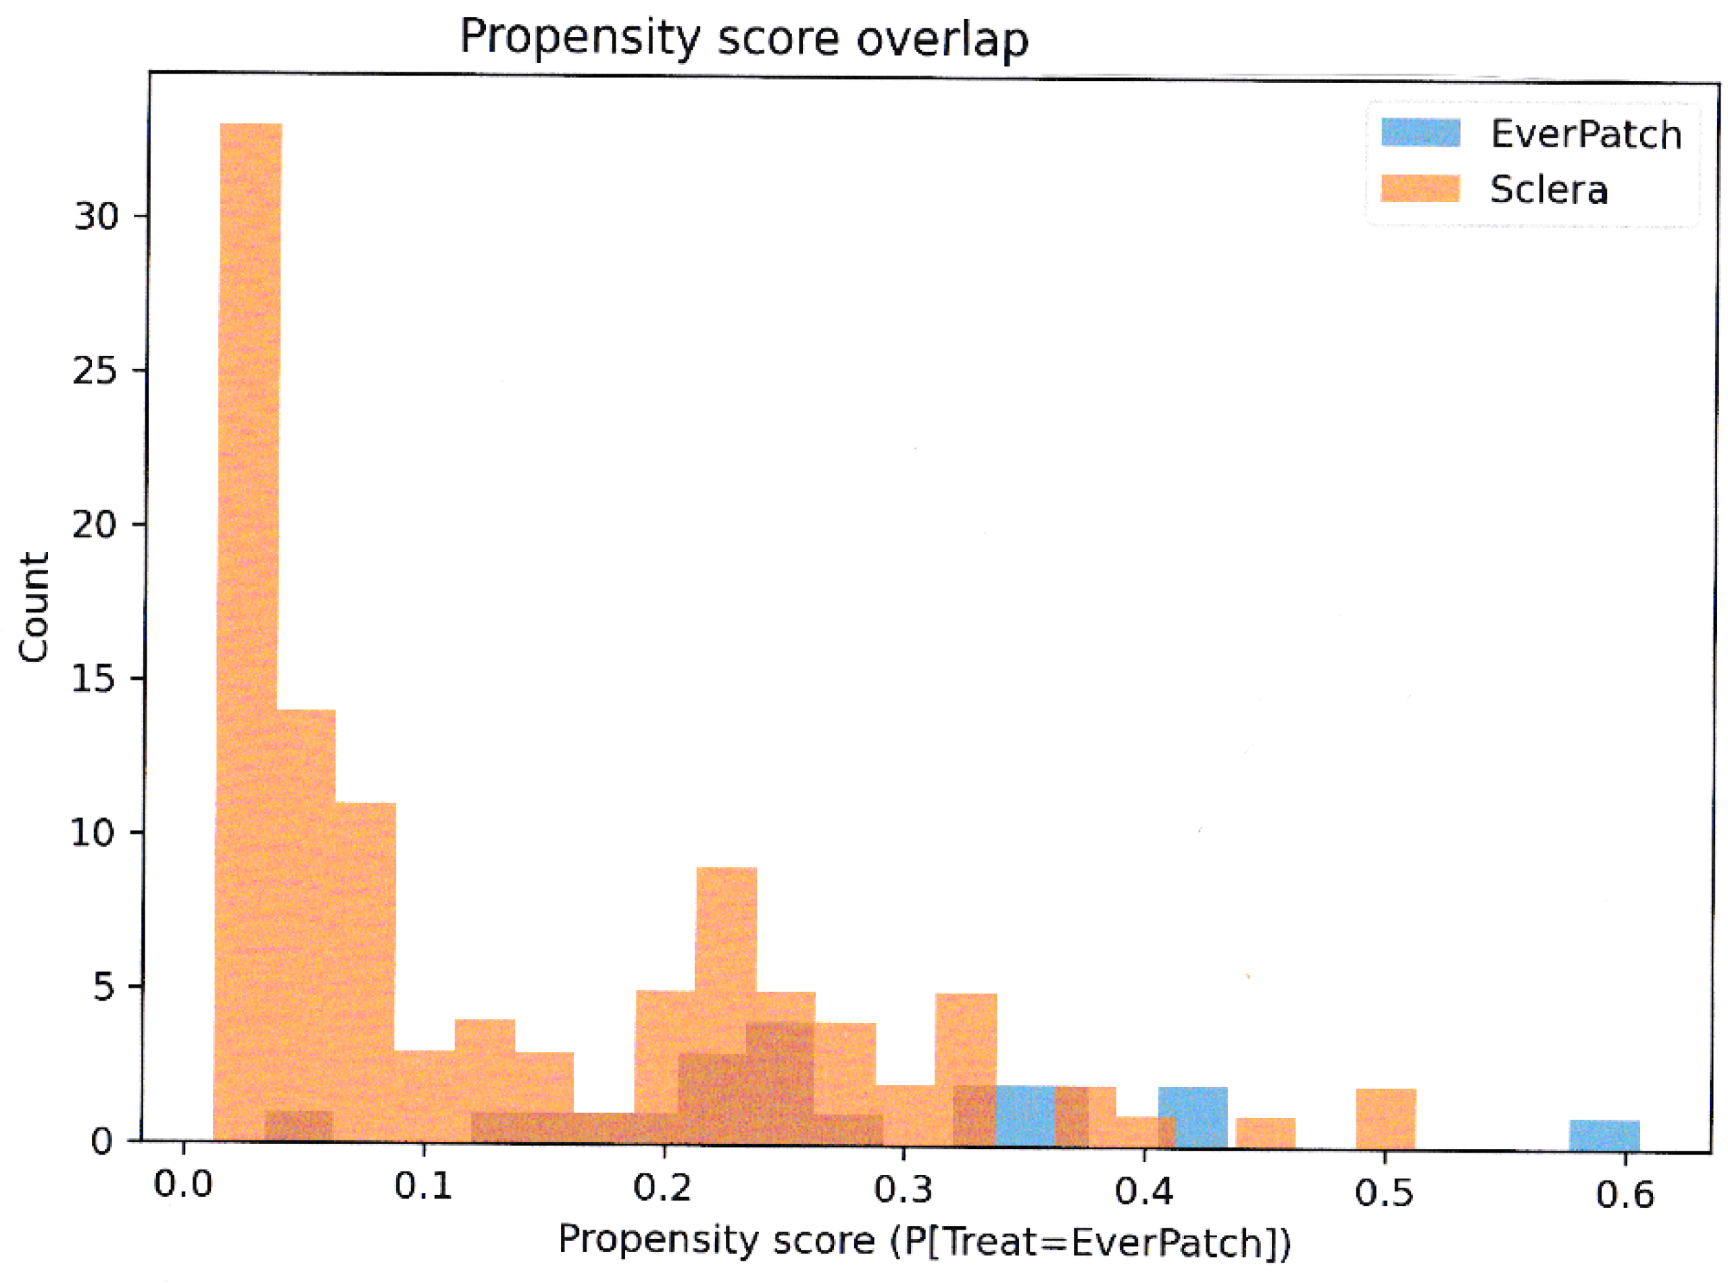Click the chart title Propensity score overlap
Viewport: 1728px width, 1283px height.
pos(744,37)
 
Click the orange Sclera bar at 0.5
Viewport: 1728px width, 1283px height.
pos(1385,1119)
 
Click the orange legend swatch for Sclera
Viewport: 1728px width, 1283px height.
pos(1420,188)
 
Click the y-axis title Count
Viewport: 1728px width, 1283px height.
pos(34,607)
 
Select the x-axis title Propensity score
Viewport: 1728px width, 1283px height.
pos(924,1241)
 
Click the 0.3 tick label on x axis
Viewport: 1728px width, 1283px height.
pos(902,1189)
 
